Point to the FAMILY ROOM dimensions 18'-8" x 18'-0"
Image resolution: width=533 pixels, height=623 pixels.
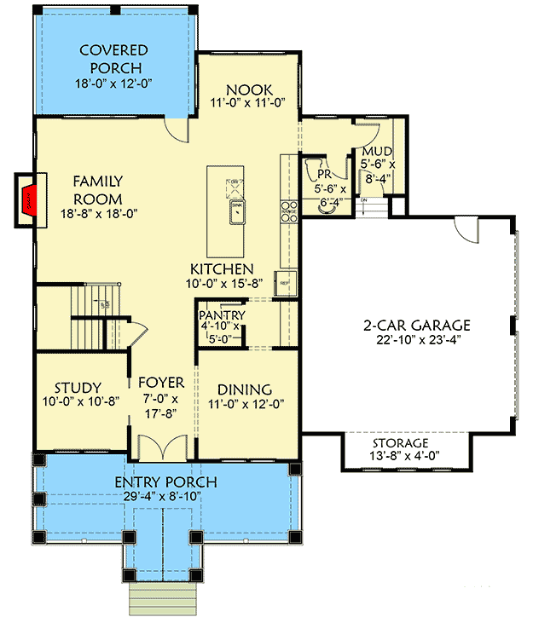point(98,214)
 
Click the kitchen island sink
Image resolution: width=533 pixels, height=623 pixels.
point(235,209)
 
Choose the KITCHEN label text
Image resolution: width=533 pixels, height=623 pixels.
point(222,268)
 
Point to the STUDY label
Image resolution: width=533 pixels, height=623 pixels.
point(78,388)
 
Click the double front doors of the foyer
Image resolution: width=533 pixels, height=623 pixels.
point(161,446)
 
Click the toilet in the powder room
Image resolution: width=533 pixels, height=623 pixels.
point(313,169)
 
